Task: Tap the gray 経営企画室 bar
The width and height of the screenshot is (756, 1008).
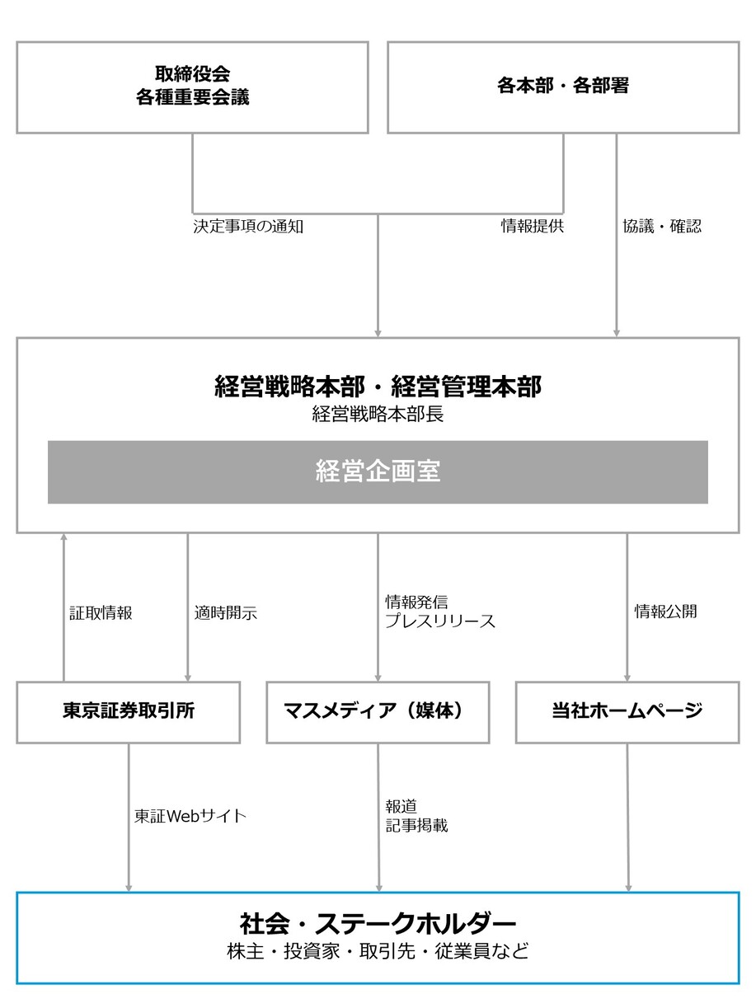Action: [x=378, y=472]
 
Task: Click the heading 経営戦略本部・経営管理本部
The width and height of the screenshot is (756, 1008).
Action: [x=378, y=387]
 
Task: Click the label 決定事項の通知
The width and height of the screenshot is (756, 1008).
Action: [x=248, y=227]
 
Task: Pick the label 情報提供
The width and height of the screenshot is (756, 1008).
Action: [x=533, y=226]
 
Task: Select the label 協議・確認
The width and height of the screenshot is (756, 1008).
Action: [x=662, y=226]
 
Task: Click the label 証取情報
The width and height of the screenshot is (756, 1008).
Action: [x=101, y=612]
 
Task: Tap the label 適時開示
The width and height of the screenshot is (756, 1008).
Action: [x=226, y=612]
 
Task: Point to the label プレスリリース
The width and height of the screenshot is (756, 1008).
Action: [x=440, y=621]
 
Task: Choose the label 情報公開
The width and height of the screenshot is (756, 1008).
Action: [x=665, y=612]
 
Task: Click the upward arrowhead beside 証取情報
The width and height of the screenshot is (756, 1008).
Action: [x=63, y=537]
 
